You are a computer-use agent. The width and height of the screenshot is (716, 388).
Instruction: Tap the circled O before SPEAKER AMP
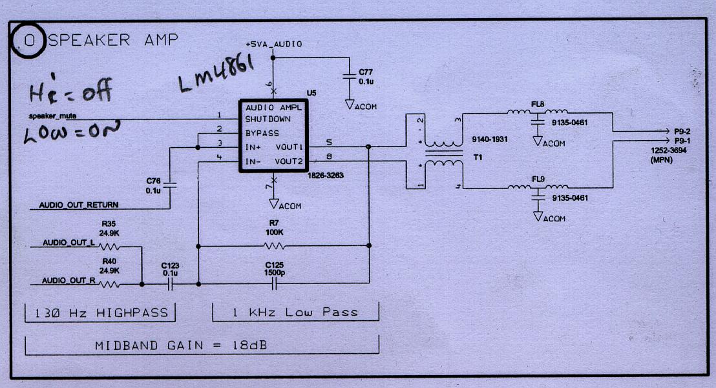[28, 41]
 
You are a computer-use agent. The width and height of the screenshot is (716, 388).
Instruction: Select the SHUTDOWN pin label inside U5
[268, 119]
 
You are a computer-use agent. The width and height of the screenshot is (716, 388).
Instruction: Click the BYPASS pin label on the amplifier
[262, 133]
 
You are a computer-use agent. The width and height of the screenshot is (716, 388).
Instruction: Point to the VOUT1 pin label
[290, 147]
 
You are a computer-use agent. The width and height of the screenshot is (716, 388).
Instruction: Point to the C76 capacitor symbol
[169, 185]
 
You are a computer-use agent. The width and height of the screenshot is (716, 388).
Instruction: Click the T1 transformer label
[479, 157]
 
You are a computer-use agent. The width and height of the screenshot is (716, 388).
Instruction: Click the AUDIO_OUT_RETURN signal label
[78, 205]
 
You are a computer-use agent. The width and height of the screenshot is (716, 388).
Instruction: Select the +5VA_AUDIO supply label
[273, 44]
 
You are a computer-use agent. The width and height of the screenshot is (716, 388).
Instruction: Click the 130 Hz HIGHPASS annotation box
[100, 313]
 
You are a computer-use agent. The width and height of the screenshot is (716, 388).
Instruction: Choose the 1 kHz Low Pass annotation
[295, 312]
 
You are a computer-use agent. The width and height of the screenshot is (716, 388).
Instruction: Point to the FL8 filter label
[538, 103]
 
